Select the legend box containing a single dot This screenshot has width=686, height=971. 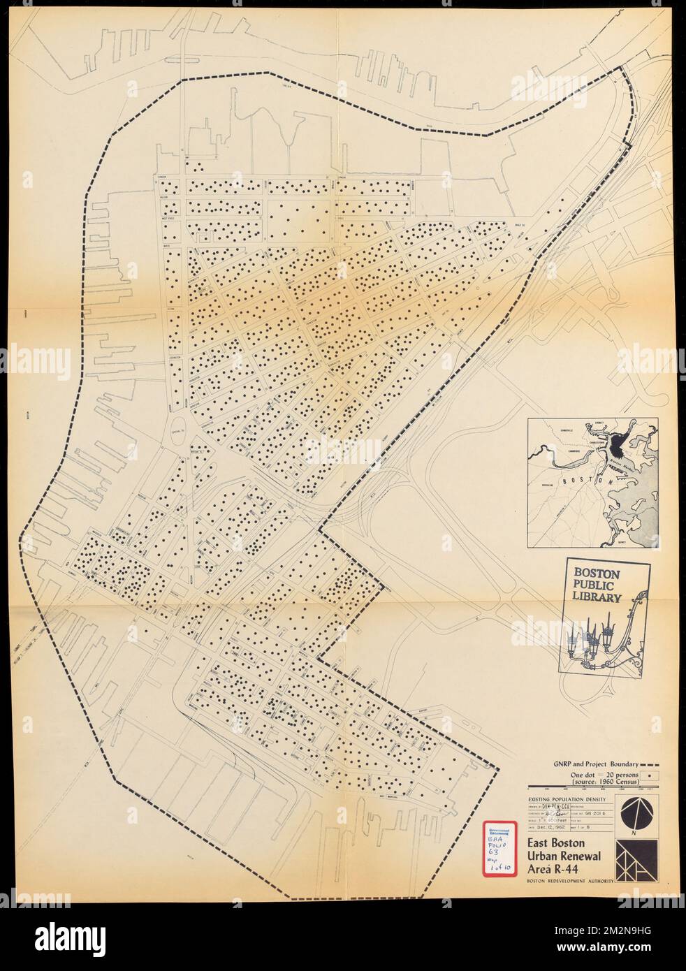click(651, 776)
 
